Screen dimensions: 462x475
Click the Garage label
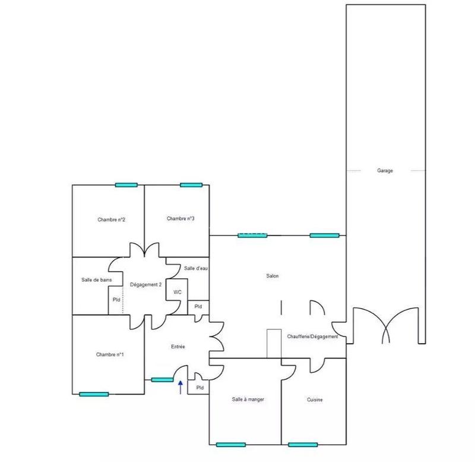coord(385,171)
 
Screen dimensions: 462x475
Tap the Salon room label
coord(273,276)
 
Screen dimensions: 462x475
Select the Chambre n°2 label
coord(111,219)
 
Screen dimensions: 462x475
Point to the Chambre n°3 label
coord(180,219)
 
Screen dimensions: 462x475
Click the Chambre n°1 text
coord(110,354)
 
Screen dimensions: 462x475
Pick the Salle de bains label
coord(93,279)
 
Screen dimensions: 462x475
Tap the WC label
coord(177,293)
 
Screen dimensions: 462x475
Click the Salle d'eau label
coord(195,269)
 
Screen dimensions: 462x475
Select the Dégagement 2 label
coord(146,285)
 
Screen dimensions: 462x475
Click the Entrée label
coord(179,346)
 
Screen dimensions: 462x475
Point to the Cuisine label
coord(315,400)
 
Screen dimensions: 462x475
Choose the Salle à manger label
coord(248,400)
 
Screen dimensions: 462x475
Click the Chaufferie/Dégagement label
coord(312,337)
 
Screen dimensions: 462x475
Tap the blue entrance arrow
coord(180,388)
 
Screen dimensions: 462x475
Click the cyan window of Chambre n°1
coord(94,394)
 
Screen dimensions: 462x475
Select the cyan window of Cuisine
coord(303,444)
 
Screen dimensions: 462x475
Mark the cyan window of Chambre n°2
coord(126,185)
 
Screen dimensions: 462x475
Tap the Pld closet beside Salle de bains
coord(116,300)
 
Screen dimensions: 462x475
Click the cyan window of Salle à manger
coord(231,444)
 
